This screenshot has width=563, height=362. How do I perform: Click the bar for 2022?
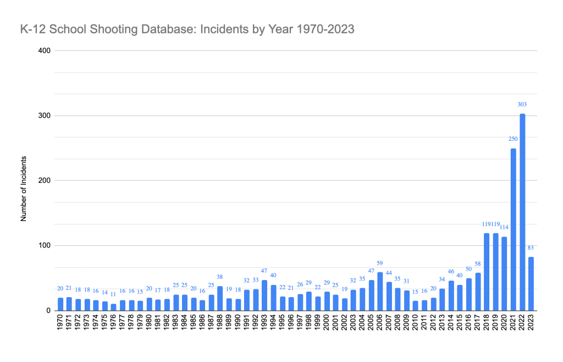[x=522, y=212]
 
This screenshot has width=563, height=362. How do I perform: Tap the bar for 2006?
[x=380, y=291]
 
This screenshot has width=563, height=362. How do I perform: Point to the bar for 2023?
[x=531, y=283]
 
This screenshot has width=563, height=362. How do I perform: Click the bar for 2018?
[x=487, y=272]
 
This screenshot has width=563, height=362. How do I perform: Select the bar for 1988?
[x=220, y=298]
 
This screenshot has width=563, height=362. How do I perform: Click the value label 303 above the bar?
[x=522, y=104]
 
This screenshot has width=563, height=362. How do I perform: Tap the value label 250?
[x=512, y=139]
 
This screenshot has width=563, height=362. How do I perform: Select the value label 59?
[x=380, y=262]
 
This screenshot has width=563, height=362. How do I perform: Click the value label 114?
[x=505, y=227]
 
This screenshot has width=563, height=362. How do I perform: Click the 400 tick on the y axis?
[x=44, y=51]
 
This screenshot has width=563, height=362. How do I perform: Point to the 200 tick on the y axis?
[x=44, y=180]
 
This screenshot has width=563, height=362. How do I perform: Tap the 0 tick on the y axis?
[x=48, y=310]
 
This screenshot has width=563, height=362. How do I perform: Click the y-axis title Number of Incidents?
[x=24, y=180]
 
